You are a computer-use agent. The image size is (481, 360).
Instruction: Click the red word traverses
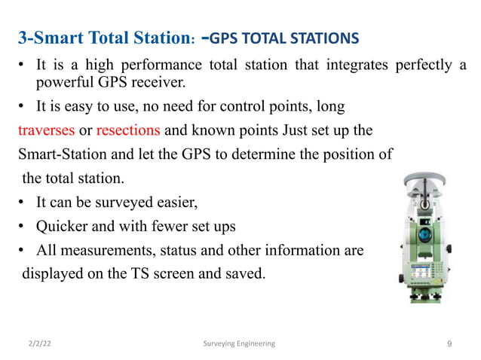(x=46, y=129)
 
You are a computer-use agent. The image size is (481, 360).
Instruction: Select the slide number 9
(x=449, y=343)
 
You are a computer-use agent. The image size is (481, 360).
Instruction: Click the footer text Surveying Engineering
(x=240, y=343)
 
